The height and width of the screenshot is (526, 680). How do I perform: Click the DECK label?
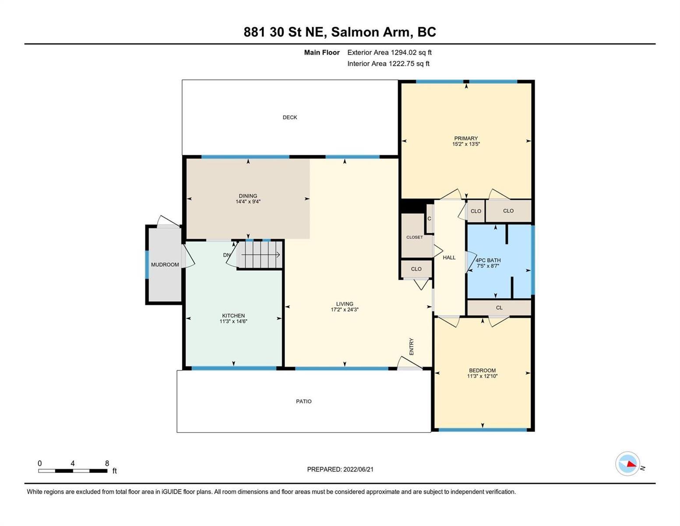289,117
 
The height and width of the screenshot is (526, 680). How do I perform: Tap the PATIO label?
303,402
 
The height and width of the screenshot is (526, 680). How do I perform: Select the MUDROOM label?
165,265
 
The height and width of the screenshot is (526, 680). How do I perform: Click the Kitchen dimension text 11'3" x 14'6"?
233,321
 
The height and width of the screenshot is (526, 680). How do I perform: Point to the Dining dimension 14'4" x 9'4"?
248,202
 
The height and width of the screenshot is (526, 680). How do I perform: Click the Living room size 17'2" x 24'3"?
345,309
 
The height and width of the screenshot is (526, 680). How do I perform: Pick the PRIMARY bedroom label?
466,139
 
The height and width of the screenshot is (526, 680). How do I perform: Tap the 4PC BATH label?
488,260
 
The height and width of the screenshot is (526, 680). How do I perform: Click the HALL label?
449,257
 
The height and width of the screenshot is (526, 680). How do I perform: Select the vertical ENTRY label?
412,346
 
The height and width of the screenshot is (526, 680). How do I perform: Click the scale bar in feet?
73,471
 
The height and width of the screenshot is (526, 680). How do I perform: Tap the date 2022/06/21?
358,469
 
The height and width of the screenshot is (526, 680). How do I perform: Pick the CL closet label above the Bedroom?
499,308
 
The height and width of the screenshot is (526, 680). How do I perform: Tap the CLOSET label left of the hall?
415,237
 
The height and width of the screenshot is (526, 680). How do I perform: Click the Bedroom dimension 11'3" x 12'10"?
482,376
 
